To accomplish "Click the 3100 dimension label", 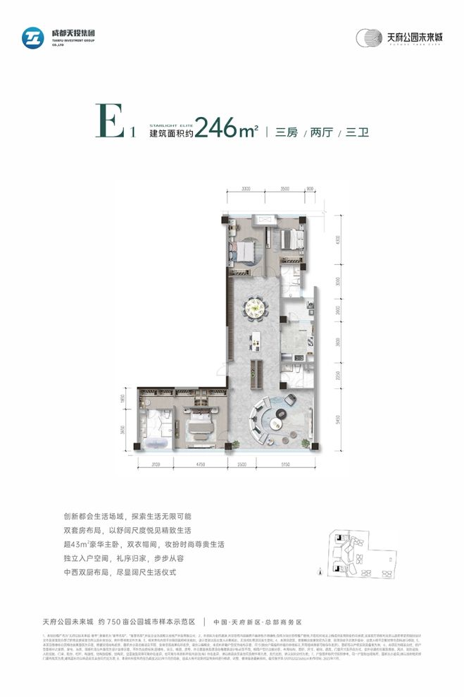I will pos(155,464).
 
